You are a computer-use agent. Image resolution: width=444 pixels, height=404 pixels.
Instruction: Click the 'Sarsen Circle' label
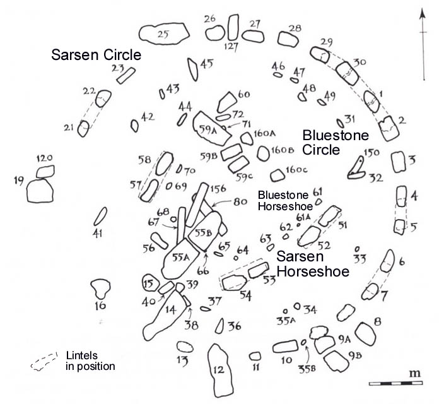pos(95,55)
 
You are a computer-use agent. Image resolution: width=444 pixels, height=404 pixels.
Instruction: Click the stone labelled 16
pos(99,289)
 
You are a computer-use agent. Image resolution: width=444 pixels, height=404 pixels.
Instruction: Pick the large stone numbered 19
pos(40,190)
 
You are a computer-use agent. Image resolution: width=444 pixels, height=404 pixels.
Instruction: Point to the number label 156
pos(218,189)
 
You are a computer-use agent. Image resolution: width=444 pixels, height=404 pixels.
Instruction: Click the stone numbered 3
pos(398,162)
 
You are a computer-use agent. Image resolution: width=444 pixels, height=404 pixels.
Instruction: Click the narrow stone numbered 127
pos(233,28)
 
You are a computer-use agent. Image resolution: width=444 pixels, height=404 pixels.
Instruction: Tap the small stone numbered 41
pos(99,217)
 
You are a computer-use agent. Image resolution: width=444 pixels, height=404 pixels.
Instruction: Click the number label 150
pos(372,153)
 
